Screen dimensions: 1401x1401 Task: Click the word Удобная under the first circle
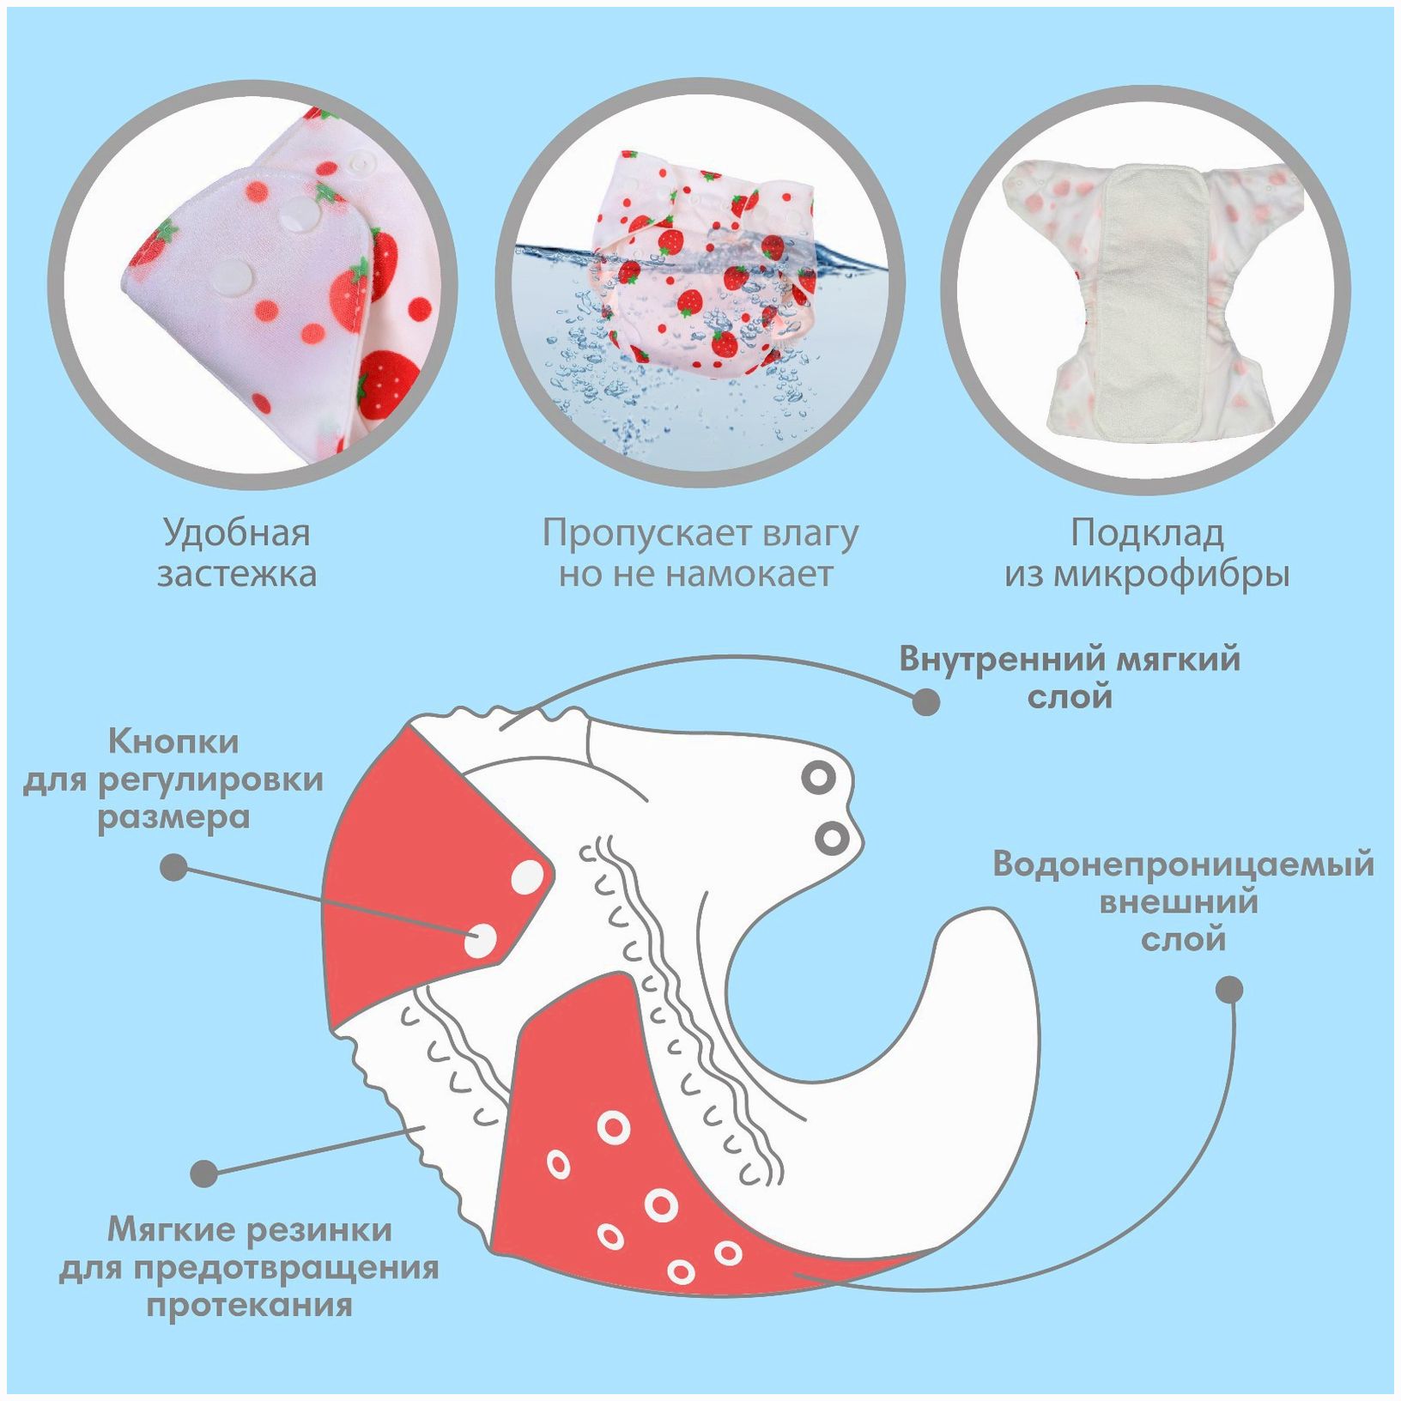(236, 534)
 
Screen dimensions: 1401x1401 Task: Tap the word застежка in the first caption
(236, 574)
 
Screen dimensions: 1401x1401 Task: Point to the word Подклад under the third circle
(1146, 534)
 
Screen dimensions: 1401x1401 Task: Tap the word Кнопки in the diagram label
(173, 741)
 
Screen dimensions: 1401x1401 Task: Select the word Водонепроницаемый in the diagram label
(1183, 864)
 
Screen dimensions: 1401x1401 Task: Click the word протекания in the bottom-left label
(249, 1306)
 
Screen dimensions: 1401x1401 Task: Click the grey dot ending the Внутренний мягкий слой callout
(925, 701)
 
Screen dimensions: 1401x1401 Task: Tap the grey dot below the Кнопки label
(174, 866)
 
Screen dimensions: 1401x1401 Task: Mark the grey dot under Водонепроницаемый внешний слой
(1230, 989)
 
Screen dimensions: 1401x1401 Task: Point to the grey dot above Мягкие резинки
(204, 1173)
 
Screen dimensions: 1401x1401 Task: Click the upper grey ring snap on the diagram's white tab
(818, 778)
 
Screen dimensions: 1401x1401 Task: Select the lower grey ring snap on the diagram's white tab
(830, 837)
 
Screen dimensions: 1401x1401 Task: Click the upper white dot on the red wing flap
(527, 876)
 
